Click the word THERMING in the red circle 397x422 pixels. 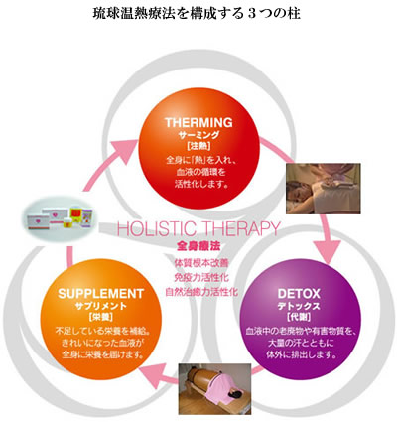[x=198, y=123]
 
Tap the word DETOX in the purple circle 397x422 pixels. [x=299, y=294]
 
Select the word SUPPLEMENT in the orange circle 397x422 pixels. [x=100, y=294]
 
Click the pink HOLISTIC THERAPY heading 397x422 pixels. [x=198, y=228]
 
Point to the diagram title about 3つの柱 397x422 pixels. [x=197, y=14]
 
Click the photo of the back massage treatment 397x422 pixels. [x=324, y=189]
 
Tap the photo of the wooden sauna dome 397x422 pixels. [x=214, y=389]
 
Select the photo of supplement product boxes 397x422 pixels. [x=62, y=218]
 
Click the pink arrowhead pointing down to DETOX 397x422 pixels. [x=328, y=251]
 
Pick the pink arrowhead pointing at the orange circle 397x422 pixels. [x=151, y=374]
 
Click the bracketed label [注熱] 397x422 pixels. [x=198, y=145]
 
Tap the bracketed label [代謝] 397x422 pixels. [x=299, y=317]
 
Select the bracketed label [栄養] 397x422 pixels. [x=101, y=317]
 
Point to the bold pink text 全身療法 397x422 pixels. [x=198, y=246]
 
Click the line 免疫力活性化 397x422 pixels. [x=201, y=277]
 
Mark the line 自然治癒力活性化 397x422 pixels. [x=201, y=292]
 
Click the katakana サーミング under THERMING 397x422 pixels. [x=198, y=135]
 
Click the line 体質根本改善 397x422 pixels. [x=201, y=263]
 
